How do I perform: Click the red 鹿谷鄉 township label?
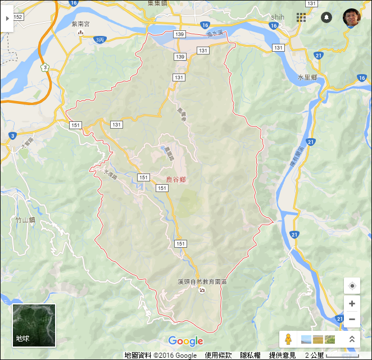[x=176, y=180]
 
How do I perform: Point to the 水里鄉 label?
[x=307, y=77]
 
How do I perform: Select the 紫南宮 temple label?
[x=80, y=24]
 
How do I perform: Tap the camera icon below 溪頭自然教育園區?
[x=202, y=290]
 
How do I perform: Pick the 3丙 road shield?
[x=99, y=40]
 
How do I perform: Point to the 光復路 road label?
[x=110, y=175]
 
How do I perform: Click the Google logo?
[x=185, y=341]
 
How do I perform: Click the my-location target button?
[x=352, y=286]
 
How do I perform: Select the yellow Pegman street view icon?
[x=288, y=339]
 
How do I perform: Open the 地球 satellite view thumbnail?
[x=34, y=326]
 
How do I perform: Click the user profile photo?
[x=353, y=18]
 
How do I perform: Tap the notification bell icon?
[x=326, y=17]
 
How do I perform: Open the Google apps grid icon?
[x=301, y=17]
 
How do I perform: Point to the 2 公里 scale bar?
[x=332, y=356]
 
